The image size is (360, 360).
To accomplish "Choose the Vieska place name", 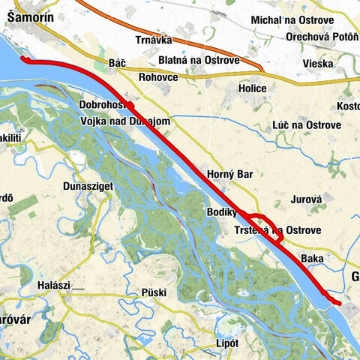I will (319, 64).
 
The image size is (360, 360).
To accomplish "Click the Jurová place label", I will (304, 200).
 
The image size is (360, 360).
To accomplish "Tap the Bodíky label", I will (222, 213).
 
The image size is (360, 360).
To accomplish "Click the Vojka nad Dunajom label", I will (123, 121).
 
